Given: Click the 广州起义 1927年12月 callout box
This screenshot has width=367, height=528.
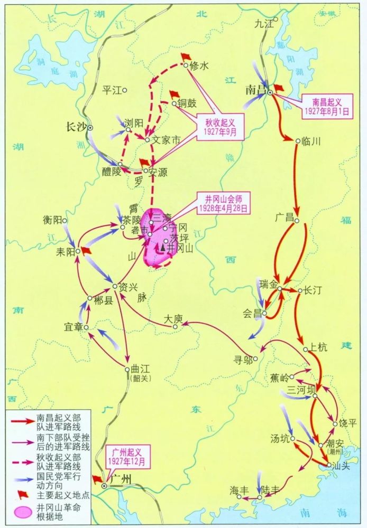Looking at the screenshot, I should [x=129, y=455].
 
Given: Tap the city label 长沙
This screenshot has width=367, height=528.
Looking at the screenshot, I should [x=75, y=127].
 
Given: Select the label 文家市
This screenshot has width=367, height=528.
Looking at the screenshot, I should [x=166, y=140].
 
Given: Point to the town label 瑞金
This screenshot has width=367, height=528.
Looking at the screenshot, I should [x=268, y=284].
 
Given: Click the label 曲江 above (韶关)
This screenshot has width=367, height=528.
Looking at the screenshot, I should [x=140, y=370].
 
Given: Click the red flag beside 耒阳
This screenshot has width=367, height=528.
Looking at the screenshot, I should [x=86, y=251].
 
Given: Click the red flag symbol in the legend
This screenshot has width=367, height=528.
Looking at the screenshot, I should [x=23, y=494].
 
